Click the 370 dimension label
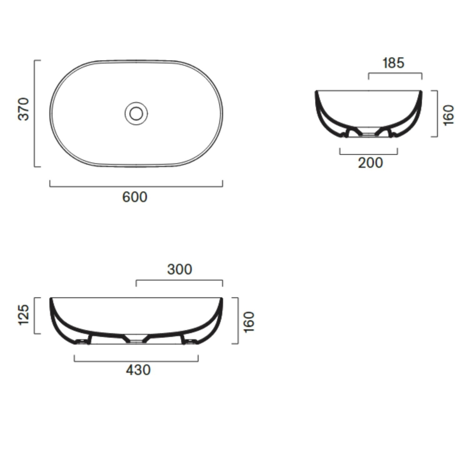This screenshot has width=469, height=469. [x=24, y=109]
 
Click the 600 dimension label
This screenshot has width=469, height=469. [x=135, y=197]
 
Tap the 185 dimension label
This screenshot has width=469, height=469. [x=393, y=63]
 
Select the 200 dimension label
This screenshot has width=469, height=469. [x=371, y=163]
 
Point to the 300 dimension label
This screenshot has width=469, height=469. [x=180, y=269]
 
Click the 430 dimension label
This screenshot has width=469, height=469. [x=138, y=370]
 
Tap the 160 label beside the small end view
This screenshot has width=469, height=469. [x=449, y=115]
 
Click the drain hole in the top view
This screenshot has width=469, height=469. [x=136, y=113]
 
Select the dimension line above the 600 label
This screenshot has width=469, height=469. [x=136, y=186]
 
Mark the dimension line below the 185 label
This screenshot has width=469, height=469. [x=395, y=73]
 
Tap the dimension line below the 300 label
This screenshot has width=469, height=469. [x=179, y=280]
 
